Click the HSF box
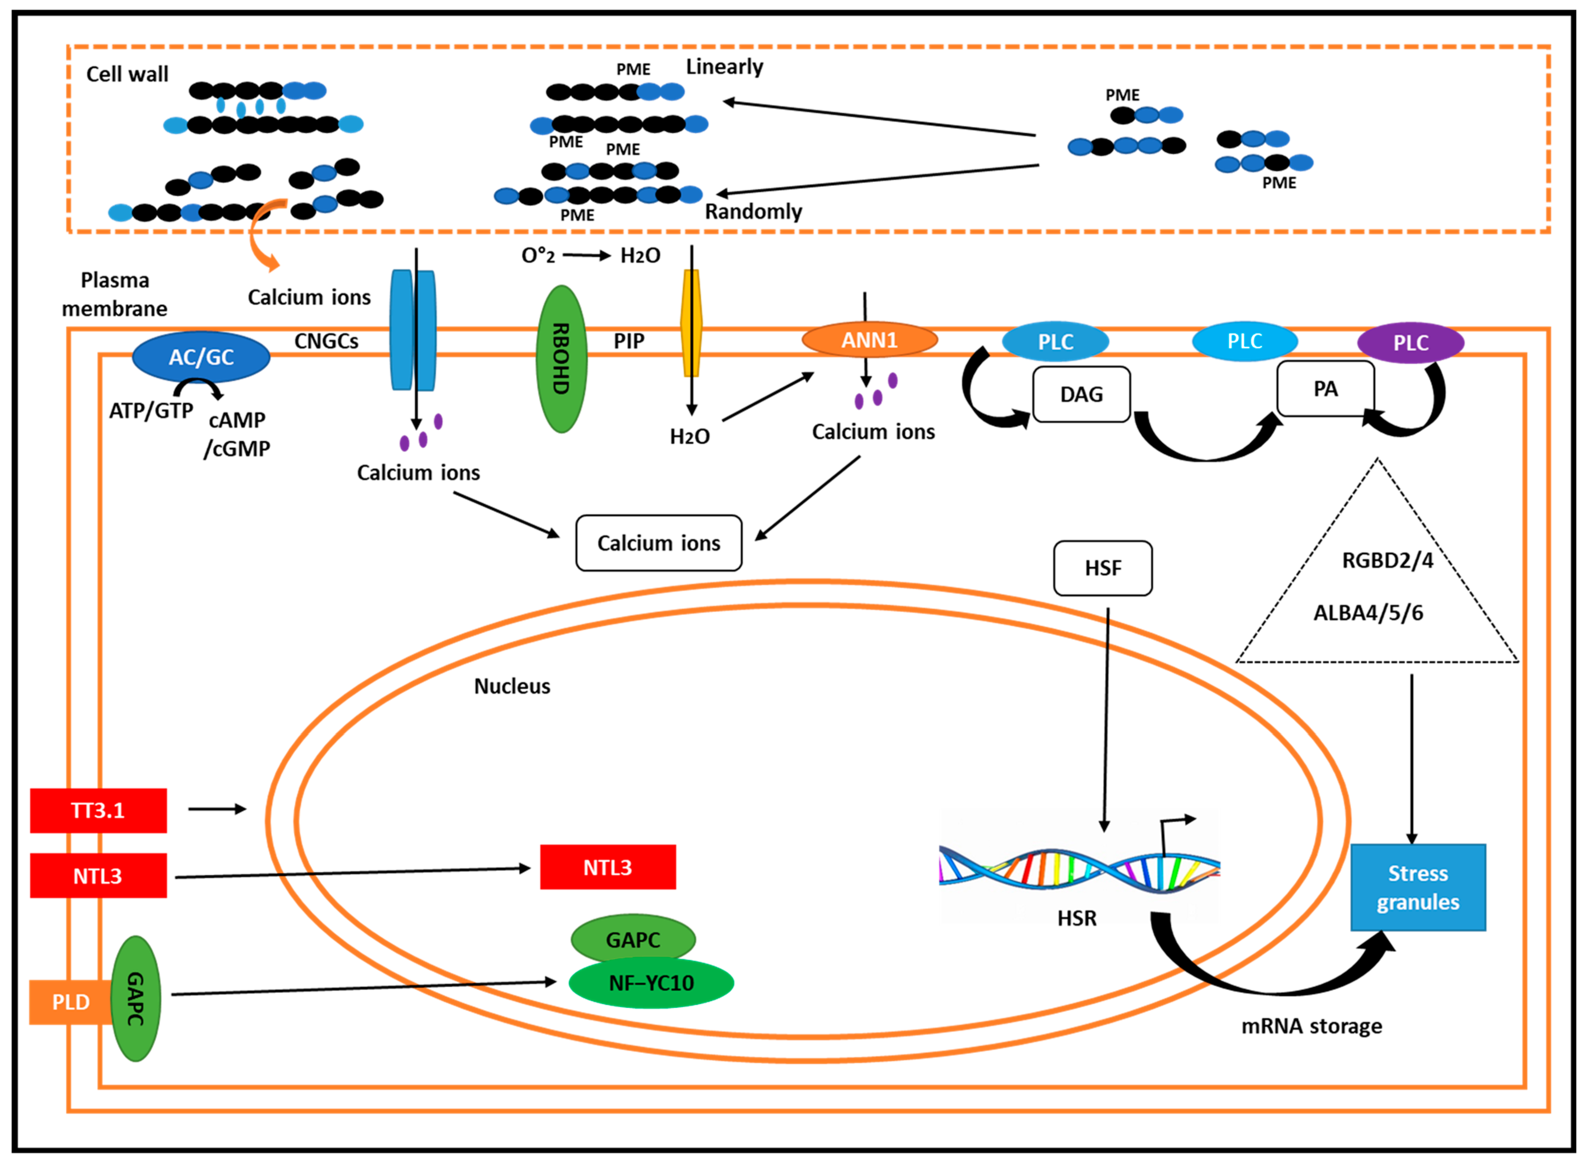(x=1103, y=568)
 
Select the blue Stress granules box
(x=1418, y=887)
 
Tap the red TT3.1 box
(x=98, y=810)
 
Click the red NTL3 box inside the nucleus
(x=607, y=867)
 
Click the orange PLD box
(x=70, y=1002)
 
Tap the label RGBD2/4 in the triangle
(x=1387, y=561)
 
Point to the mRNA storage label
(x=1311, y=1026)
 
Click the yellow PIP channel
(x=691, y=323)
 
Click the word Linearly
(x=725, y=67)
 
